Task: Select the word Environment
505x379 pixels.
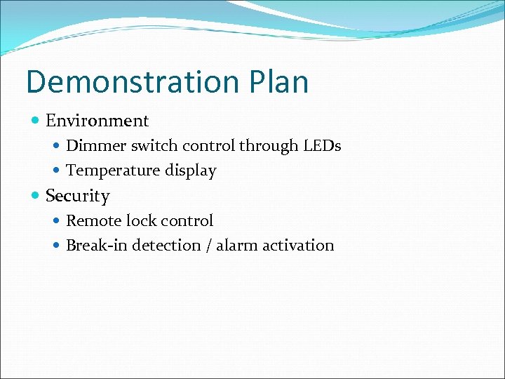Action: (x=97, y=121)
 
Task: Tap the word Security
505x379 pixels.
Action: (x=77, y=196)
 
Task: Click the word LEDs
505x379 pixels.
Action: (x=322, y=146)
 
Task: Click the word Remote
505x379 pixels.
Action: (x=93, y=221)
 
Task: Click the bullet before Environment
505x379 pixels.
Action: (x=36, y=121)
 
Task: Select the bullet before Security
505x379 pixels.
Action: (x=36, y=197)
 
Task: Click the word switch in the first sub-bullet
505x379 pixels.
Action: (x=154, y=146)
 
